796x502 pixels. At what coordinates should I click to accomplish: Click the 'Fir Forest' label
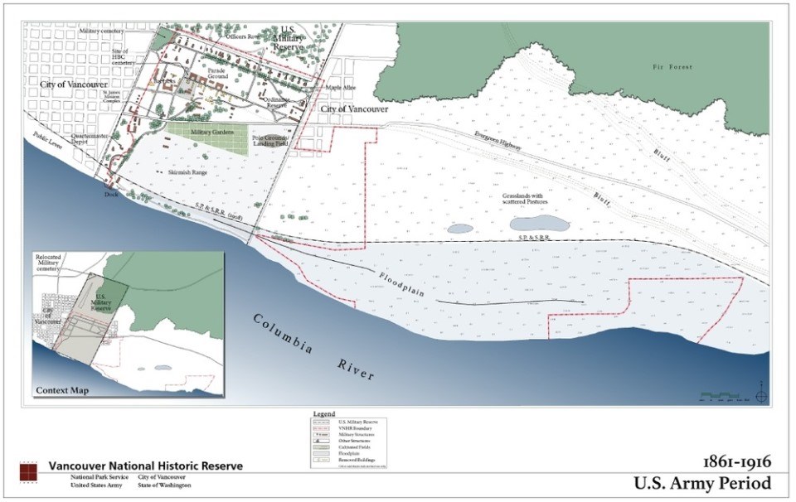pos(671,65)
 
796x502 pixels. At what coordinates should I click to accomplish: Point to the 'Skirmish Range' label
pos(187,171)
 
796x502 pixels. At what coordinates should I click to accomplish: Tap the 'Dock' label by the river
pos(112,194)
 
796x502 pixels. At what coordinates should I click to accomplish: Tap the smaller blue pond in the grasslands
pos(459,228)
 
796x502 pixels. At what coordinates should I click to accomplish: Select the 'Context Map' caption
pos(61,389)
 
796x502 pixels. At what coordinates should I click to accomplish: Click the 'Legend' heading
pos(324,413)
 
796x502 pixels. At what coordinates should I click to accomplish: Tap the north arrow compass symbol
pos(762,393)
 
